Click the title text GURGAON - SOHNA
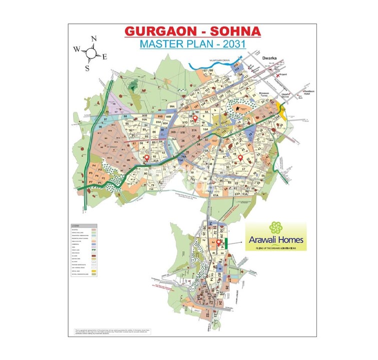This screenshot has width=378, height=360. click(x=193, y=31)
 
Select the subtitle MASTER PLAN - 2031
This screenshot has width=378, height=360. click(x=193, y=44)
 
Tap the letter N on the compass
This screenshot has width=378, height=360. click(x=94, y=38)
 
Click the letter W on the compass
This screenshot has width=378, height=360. click(x=77, y=49)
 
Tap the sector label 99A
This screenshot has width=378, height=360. click(x=173, y=107)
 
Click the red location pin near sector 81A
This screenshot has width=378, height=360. click(x=147, y=158)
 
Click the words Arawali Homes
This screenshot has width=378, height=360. click(x=275, y=240)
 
